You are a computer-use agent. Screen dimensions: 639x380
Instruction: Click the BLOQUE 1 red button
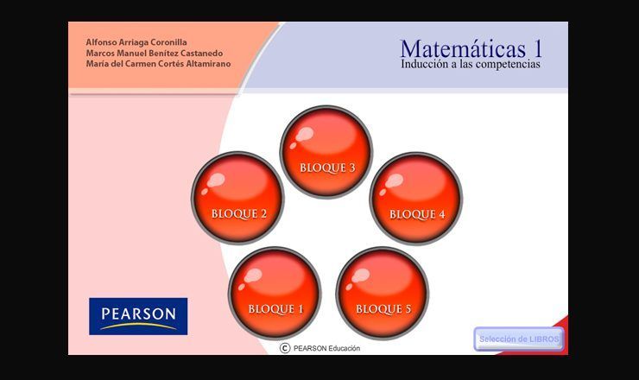click(275, 293)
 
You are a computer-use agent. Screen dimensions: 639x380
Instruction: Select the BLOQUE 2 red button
click(237, 198)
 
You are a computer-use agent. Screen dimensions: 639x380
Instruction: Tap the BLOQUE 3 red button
click(326, 152)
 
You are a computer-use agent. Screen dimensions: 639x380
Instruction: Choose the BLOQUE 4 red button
click(415, 199)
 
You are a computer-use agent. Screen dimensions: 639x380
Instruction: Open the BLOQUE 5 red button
click(383, 293)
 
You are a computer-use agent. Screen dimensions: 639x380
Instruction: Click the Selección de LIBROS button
click(519, 339)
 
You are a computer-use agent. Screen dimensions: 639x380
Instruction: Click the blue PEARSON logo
click(138, 316)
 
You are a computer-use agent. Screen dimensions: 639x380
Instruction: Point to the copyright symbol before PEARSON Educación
click(285, 348)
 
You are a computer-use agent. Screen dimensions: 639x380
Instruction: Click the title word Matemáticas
click(463, 49)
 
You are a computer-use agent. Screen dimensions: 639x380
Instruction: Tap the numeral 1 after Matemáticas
click(537, 49)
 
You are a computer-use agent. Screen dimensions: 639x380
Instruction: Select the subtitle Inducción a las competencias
click(471, 65)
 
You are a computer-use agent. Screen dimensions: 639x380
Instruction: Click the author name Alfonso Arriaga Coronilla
click(136, 42)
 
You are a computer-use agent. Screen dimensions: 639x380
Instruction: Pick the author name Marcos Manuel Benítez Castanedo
click(155, 53)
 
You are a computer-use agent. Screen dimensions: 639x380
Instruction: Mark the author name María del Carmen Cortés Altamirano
click(158, 64)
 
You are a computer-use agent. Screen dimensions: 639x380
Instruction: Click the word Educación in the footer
click(345, 348)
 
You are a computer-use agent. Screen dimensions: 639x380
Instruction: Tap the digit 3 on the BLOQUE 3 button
click(351, 168)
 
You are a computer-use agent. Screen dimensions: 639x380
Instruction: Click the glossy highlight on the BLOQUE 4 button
click(393, 181)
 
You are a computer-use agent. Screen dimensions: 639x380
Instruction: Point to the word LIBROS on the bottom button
click(545, 339)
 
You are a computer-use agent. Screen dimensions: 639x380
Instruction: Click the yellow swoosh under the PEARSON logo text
click(138, 326)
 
